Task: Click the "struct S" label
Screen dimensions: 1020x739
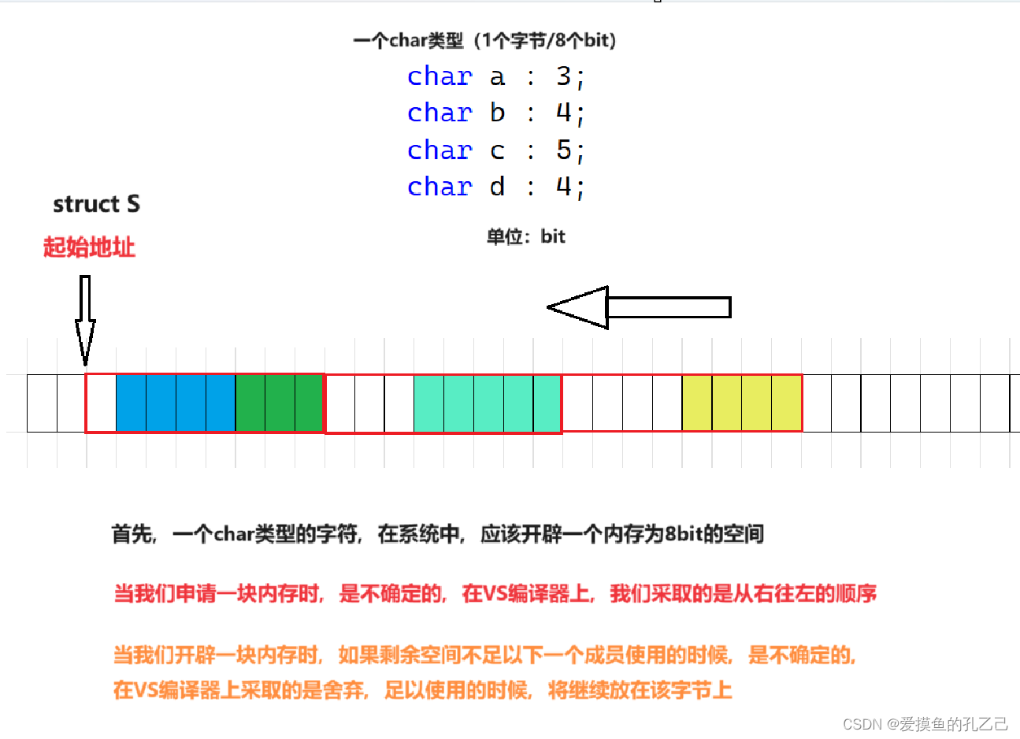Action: pyautogui.click(x=96, y=204)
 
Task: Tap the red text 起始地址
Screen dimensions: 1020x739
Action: pyautogui.click(x=89, y=247)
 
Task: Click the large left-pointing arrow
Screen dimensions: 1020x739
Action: pyautogui.click(x=638, y=307)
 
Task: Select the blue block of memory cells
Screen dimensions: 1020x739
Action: pyautogui.click(x=176, y=403)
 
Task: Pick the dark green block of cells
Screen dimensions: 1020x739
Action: pyautogui.click(x=280, y=403)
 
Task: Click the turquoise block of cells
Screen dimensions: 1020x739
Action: pyautogui.click(x=488, y=403)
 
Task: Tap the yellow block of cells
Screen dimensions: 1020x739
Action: pyautogui.click(x=742, y=403)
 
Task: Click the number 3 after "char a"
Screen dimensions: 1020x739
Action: pyautogui.click(x=563, y=76)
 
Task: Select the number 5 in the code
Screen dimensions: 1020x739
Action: pyautogui.click(x=563, y=150)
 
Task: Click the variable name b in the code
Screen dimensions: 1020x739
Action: pyautogui.click(x=497, y=113)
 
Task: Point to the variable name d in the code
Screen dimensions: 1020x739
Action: pyautogui.click(x=497, y=187)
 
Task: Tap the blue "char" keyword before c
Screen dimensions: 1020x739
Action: pyautogui.click(x=440, y=150)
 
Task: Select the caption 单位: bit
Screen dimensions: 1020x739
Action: pyautogui.click(x=525, y=236)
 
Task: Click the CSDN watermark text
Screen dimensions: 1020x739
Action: pyautogui.click(x=925, y=723)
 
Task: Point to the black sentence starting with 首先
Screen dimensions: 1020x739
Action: pyautogui.click(x=438, y=534)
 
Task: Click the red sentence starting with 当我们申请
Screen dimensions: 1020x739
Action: pyautogui.click(x=495, y=593)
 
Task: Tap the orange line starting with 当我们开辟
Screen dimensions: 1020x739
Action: pyautogui.click(x=484, y=655)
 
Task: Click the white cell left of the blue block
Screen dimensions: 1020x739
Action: pyautogui.click(x=101, y=403)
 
